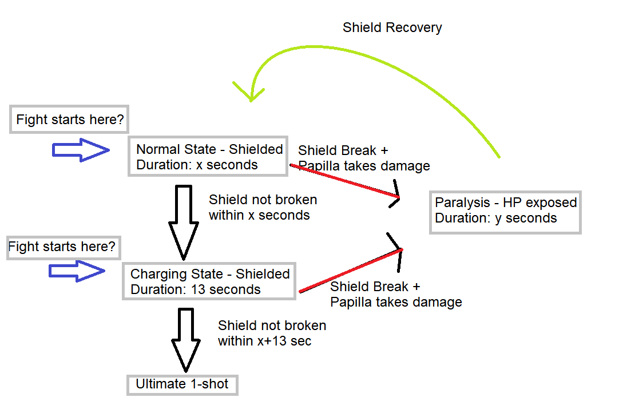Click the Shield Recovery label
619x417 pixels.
pyautogui.click(x=392, y=27)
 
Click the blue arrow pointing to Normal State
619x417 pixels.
pyautogui.click(x=81, y=150)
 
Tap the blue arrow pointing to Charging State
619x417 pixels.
pyautogui.click(x=77, y=271)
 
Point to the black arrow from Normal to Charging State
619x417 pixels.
pyautogui.click(x=184, y=223)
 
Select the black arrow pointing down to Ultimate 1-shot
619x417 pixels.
pyautogui.click(x=186, y=340)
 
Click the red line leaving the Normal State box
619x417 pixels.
pyautogui.click(x=344, y=181)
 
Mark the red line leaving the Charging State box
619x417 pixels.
pyautogui.click(x=351, y=271)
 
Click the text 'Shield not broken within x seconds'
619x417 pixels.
pyautogui.click(x=263, y=207)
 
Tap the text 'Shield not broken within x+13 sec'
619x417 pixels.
pyautogui.click(x=272, y=333)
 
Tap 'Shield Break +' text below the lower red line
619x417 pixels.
pyautogui.click(x=375, y=287)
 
